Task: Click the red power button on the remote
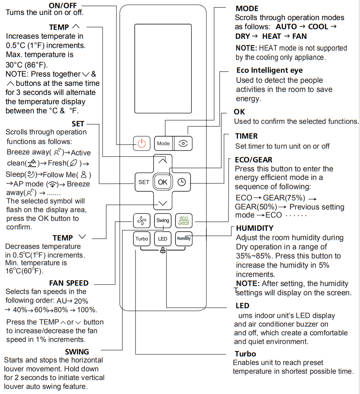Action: point(142,143)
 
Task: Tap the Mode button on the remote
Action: point(163,143)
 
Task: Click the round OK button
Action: point(163,182)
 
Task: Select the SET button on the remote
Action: point(143,182)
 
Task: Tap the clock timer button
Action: point(182,182)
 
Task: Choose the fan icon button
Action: point(142,220)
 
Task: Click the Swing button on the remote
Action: point(163,220)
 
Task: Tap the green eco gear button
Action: point(183,220)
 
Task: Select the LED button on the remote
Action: point(163,239)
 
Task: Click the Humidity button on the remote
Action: point(183,239)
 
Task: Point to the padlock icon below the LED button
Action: point(163,251)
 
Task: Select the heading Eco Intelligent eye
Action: point(269,70)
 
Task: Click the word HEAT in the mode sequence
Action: point(272,36)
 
